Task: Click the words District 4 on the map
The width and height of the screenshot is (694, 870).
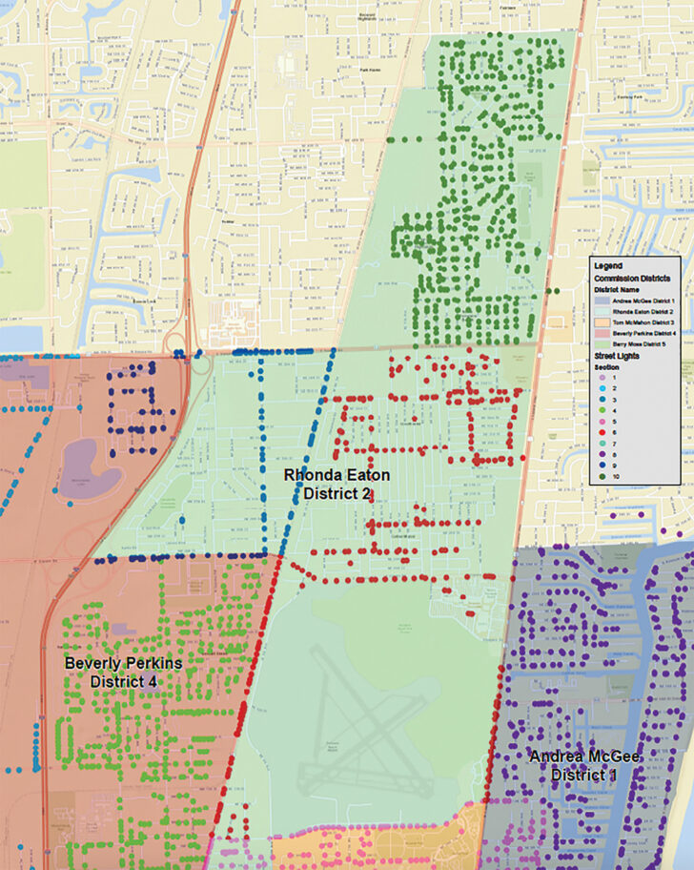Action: [123, 681]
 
